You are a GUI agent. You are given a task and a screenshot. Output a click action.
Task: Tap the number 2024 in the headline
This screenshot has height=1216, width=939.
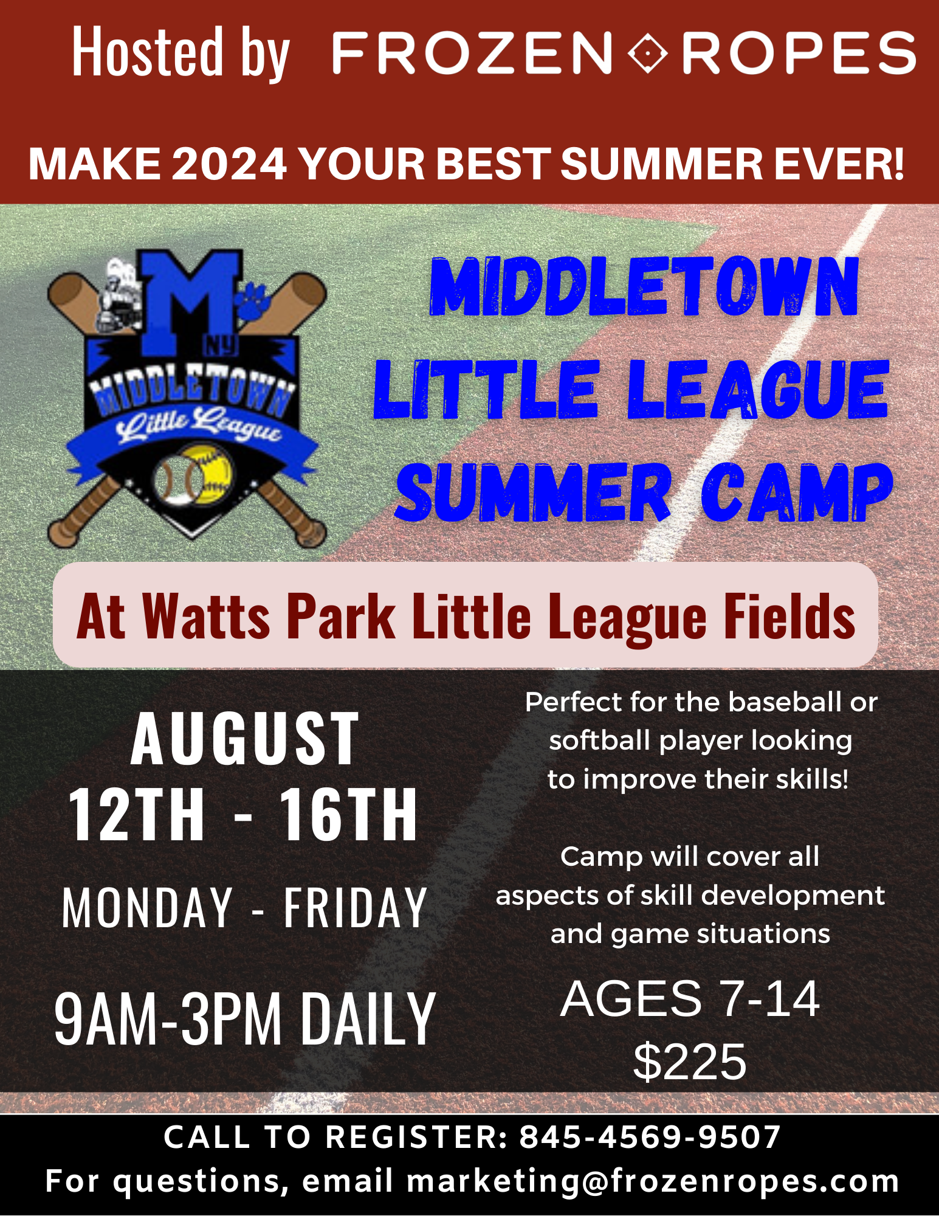[229, 164]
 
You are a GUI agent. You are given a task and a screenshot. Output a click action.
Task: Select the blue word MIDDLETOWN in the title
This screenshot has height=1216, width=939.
[645, 286]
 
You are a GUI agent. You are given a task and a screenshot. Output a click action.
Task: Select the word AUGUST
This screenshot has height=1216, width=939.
[244, 739]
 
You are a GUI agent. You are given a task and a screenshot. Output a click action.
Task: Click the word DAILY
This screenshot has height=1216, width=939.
[369, 1018]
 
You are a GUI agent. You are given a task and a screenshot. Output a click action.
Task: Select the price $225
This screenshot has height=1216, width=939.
[690, 1062]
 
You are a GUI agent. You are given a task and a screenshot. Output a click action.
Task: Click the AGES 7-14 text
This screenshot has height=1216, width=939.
[690, 998]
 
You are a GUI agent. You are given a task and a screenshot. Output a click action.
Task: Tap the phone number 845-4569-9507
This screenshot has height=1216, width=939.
[650, 1137]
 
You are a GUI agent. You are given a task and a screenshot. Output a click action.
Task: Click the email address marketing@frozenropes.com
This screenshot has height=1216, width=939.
[653, 1181]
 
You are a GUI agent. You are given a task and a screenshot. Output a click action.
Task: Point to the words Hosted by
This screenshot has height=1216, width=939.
[181, 53]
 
